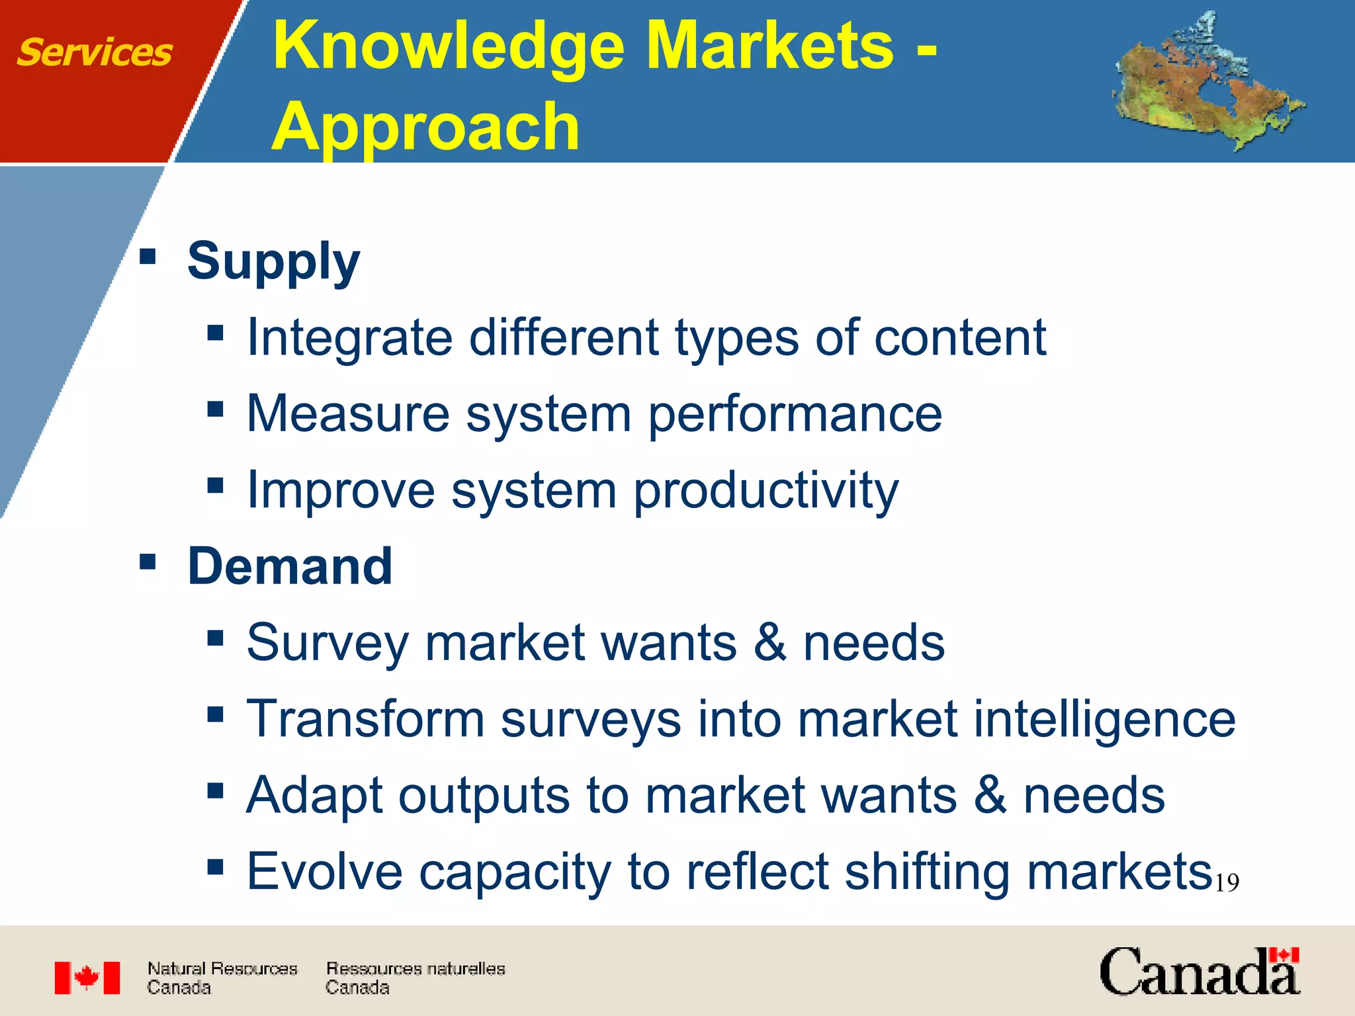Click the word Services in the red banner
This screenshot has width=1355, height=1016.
tap(94, 53)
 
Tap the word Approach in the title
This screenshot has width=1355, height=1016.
tap(425, 127)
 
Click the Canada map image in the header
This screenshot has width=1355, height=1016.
tap(1207, 82)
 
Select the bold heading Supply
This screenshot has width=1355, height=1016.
tap(273, 261)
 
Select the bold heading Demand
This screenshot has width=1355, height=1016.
tap(290, 567)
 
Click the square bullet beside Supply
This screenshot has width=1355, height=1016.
tap(148, 256)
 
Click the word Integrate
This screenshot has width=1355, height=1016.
tap(349, 338)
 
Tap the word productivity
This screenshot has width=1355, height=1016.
tap(765, 491)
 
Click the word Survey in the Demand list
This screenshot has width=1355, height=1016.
tap(327, 644)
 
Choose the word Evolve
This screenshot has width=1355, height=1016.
tap(324, 872)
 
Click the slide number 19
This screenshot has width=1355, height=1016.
tap(1227, 883)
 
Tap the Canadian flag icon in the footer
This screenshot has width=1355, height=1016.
tap(87, 978)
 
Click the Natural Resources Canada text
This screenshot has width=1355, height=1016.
tap(222, 978)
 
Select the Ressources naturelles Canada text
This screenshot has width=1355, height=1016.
tap(415, 978)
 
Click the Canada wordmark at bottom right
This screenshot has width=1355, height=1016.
tap(1199, 972)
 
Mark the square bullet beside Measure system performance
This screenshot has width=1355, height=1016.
tap(215, 409)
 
